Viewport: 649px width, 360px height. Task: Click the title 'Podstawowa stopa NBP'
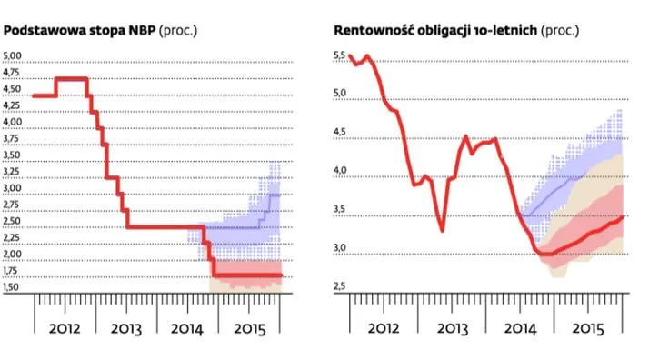(81, 31)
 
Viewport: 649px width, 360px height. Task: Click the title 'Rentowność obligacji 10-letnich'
(434, 31)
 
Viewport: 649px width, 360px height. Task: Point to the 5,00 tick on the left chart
(15, 56)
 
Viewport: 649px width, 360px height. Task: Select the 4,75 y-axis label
(15, 73)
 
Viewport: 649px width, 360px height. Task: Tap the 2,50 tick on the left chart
(15, 221)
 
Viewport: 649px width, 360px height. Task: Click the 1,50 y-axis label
(15, 287)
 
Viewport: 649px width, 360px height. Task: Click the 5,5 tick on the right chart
(340, 56)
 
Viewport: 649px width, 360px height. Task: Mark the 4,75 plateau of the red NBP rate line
(71, 79)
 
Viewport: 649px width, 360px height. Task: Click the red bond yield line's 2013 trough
(443, 230)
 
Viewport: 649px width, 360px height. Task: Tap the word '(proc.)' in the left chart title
(178, 31)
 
